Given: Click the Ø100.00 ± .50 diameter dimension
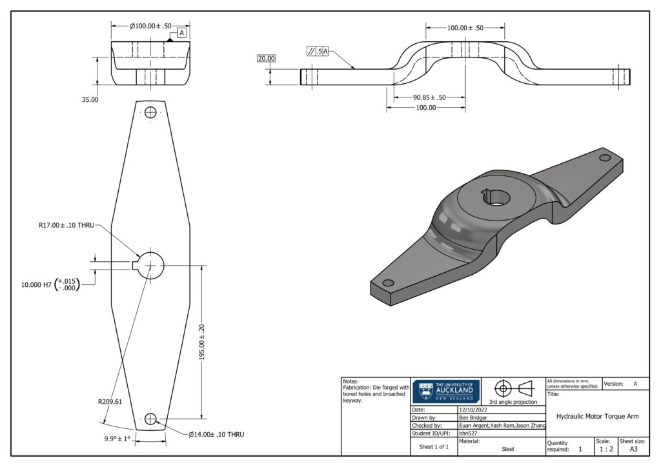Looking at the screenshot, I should [x=151, y=26].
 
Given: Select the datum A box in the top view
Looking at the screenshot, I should [x=181, y=32].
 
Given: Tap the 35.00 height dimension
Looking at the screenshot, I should [x=90, y=100].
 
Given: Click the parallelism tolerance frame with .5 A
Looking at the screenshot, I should [x=317, y=52].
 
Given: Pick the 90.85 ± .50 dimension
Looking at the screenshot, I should [x=429, y=97].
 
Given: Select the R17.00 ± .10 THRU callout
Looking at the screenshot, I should [x=66, y=226].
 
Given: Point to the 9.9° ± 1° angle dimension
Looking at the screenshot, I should [x=117, y=439].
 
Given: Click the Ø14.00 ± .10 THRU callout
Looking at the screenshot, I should [x=216, y=434].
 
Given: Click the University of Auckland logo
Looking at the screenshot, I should [x=445, y=392].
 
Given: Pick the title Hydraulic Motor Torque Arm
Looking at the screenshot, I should [x=597, y=417].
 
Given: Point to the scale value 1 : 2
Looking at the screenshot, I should [x=605, y=449].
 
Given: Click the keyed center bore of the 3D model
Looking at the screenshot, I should [x=494, y=197].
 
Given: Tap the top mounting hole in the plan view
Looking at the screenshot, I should [x=151, y=113].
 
